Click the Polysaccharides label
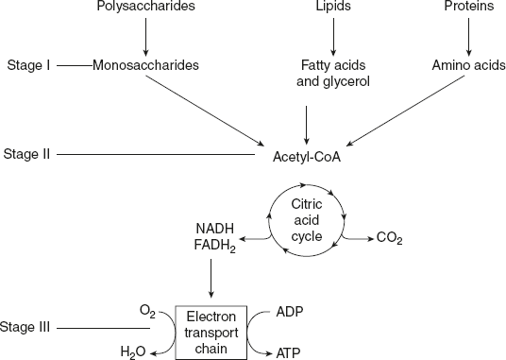144,8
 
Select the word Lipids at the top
332,8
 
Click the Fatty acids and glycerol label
332,73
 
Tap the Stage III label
29,328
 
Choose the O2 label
146,310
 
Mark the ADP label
289,309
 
